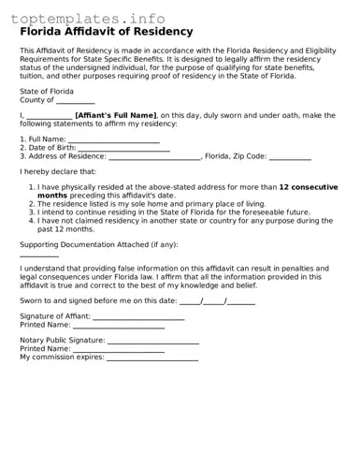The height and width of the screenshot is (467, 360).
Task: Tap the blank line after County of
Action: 76,101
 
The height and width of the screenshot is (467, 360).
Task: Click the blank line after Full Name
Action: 107,141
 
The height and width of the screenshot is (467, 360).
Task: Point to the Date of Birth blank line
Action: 123,150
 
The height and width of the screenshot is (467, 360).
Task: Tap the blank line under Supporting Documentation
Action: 39,255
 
